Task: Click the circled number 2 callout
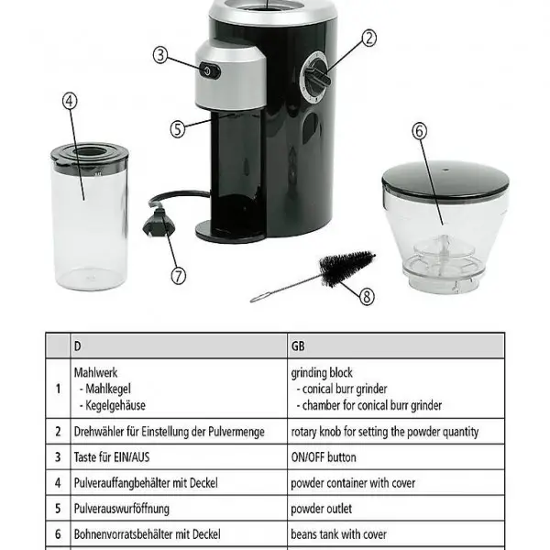(x=368, y=38)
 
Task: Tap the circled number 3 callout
(x=160, y=55)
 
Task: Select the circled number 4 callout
(x=70, y=101)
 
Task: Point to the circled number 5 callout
(x=178, y=128)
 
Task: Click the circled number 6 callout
(x=420, y=131)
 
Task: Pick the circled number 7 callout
(x=178, y=276)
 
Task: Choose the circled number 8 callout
(x=367, y=297)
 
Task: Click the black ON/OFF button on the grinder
(x=210, y=71)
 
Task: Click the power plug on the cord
(x=159, y=223)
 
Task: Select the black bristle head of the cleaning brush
(x=346, y=267)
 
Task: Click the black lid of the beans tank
(x=445, y=181)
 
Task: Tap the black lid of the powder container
(x=91, y=157)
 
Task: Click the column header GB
(x=298, y=346)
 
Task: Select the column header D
(x=78, y=346)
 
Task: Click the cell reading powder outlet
(x=322, y=509)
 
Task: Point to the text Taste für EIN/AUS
(x=112, y=457)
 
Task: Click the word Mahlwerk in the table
(x=95, y=372)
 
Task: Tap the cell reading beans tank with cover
(x=339, y=534)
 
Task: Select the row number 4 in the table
(x=58, y=483)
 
